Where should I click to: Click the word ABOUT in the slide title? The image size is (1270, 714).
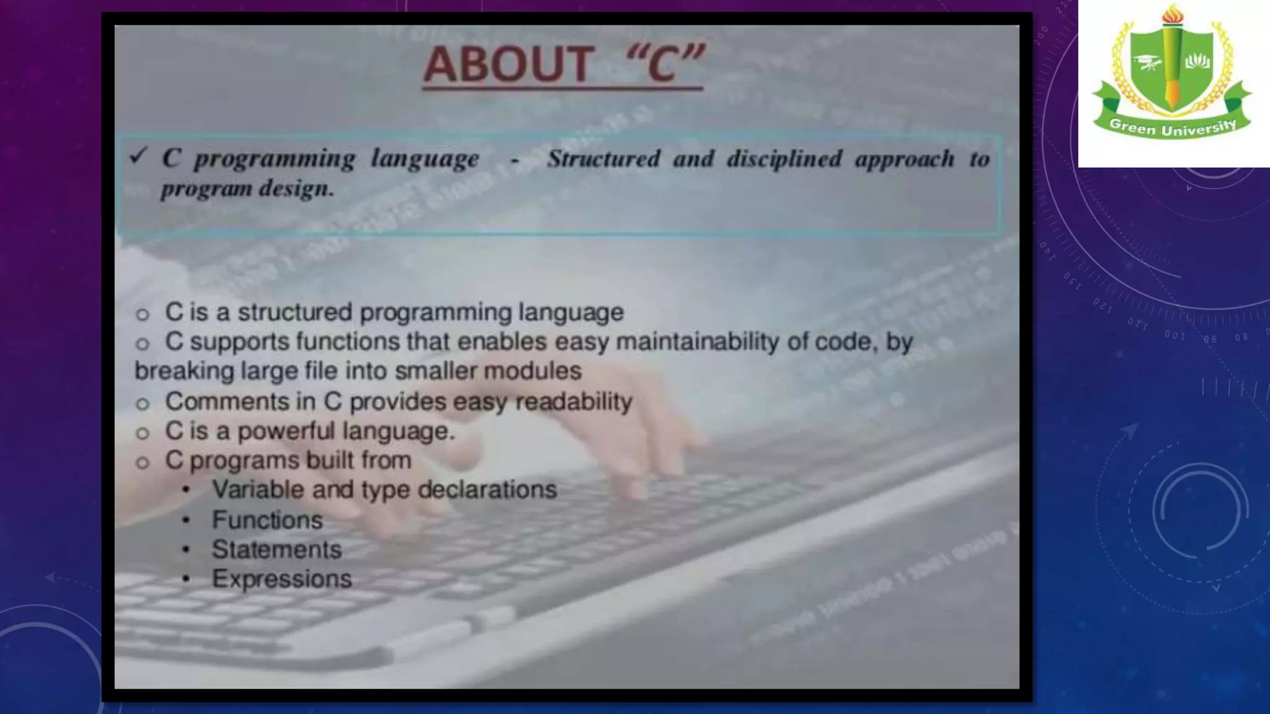507,64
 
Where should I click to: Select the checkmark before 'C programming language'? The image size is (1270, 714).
138,156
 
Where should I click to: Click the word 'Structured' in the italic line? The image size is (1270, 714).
603,159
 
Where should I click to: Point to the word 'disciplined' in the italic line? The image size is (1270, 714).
784,159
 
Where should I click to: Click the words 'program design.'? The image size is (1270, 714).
247,188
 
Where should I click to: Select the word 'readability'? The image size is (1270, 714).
574,401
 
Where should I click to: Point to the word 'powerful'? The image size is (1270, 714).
286,431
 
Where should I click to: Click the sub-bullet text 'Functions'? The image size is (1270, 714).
267,520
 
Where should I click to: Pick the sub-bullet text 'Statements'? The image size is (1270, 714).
277,550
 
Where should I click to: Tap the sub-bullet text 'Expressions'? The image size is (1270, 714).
282,579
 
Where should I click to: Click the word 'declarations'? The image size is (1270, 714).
487,490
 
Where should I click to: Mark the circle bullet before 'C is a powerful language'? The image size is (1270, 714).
143,433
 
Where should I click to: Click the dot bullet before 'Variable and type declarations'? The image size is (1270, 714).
186,490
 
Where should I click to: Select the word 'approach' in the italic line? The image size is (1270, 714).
905,159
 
